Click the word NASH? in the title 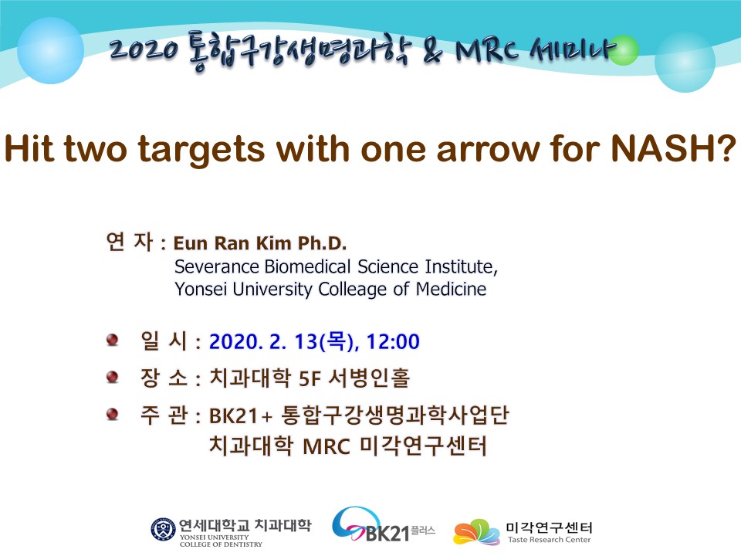pos(673,149)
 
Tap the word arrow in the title pos(489,151)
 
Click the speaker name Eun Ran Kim pos(232,243)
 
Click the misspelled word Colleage pos(353,290)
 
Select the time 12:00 pos(393,341)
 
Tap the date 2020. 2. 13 pos(262,341)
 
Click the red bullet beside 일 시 pos(113,340)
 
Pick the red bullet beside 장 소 pos(113,377)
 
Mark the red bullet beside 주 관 pos(113,414)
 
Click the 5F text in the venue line pos(310,378)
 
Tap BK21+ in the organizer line pos(241,416)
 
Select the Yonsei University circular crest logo pos(163,530)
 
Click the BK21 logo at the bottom pos(383,526)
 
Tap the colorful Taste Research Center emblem pos(476,532)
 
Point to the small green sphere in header pos(624,49)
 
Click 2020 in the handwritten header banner pos(144,49)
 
